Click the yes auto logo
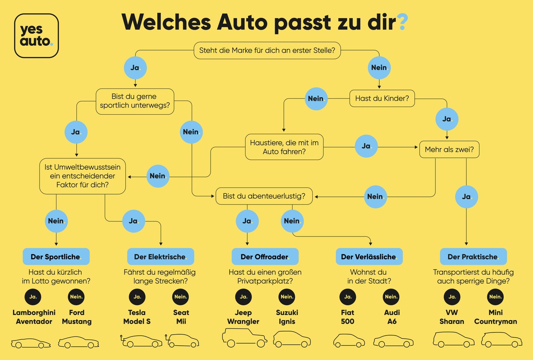pos(36,36)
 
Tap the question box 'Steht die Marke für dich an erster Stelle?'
pos(267,51)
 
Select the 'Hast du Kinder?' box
pos(382,99)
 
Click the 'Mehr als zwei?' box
pos(449,150)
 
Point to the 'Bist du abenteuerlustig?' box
pos(264,196)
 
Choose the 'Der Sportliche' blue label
pos(56,256)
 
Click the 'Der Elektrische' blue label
pos(160,256)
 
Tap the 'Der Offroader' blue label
pos(265,256)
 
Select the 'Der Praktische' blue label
pos(473,256)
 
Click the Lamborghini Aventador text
pos(32,317)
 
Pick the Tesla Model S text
pos(137,317)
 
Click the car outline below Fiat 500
pos(348,341)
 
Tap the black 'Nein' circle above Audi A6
pos(391,296)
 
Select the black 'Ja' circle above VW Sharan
pos(452,296)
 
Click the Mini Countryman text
pos(495,317)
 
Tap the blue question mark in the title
pos(402,22)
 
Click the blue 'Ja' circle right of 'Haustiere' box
pos(366,146)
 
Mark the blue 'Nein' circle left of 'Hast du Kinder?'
pos(316,98)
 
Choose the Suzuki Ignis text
pos(287,317)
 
